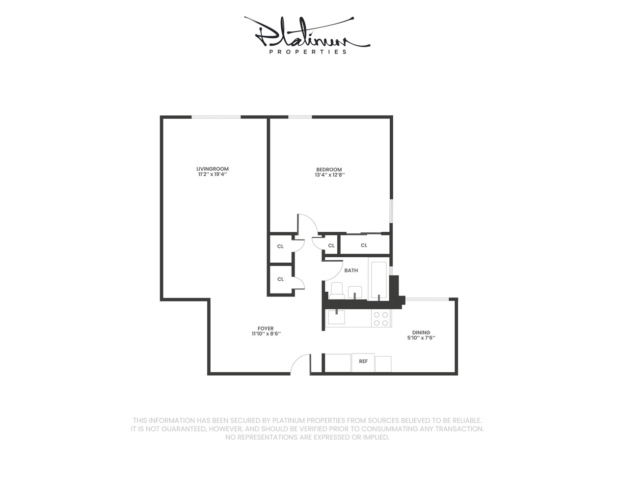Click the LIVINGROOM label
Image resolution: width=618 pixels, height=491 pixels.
(x=213, y=169)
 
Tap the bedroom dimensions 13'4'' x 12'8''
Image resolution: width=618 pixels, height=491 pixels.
(x=330, y=175)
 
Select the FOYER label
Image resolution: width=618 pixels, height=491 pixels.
(x=266, y=328)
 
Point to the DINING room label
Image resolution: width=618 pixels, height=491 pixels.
(x=421, y=332)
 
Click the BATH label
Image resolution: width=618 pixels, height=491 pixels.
(x=351, y=271)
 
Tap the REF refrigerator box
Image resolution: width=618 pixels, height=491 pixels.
(x=363, y=362)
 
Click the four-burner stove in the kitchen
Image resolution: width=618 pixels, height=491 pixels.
(x=381, y=319)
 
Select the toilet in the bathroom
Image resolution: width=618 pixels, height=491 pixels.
(x=337, y=290)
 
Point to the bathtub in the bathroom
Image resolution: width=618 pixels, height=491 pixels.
(x=378, y=280)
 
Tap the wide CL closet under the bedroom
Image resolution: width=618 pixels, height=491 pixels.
(x=364, y=245)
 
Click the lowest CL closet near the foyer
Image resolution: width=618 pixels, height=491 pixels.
(x=280, y=279)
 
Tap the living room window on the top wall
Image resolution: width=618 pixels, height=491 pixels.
(x=215, y=117)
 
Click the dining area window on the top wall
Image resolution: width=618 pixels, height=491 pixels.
(x=427, y=299)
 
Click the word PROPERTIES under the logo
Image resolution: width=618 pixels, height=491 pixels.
(x=308, y=52)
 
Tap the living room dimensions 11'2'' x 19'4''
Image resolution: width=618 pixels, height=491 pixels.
(x=213, y=174)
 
